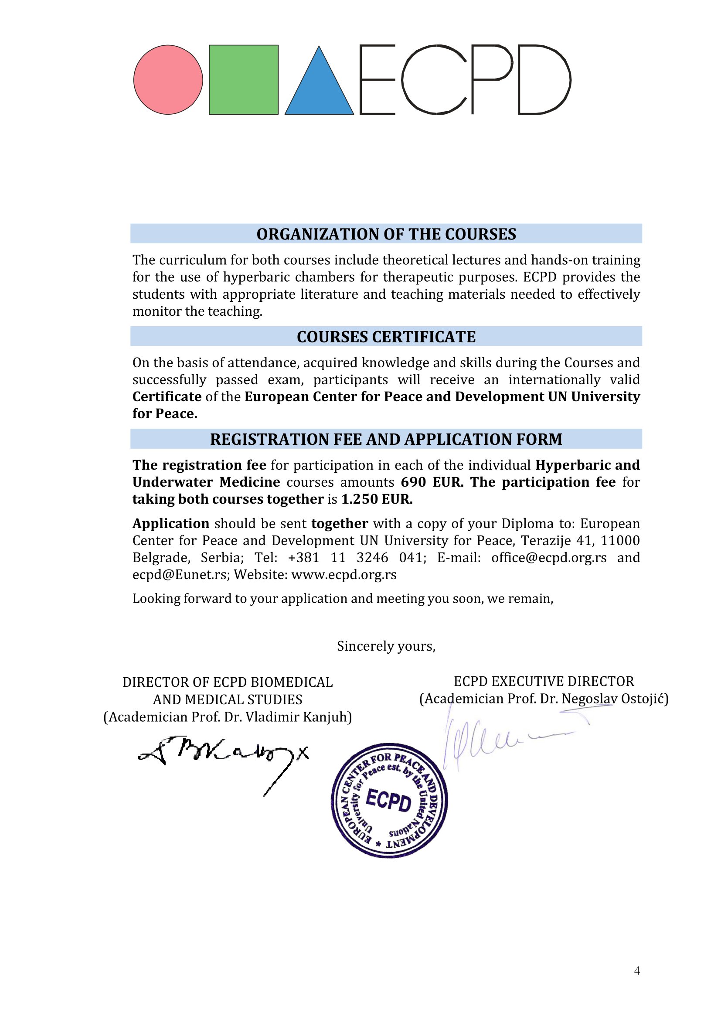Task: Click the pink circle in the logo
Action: (x=168, y=80)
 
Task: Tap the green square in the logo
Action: (x=244, y=80)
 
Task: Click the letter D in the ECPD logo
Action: (x=544, y=80)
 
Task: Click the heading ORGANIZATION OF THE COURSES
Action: (x=386, y=234)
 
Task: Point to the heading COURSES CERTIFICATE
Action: (x=386, y=337)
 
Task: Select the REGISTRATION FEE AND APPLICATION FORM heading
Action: (x=386, y=440)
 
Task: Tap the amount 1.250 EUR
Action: (x=377, y=499)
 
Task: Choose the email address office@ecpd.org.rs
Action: (x=549, y=558)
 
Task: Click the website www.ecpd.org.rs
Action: (x=344, y=574)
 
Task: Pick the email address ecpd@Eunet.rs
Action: (x=180, y=574)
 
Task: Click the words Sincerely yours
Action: (x=386, y=646)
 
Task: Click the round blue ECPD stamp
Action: (x=389, y=801)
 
